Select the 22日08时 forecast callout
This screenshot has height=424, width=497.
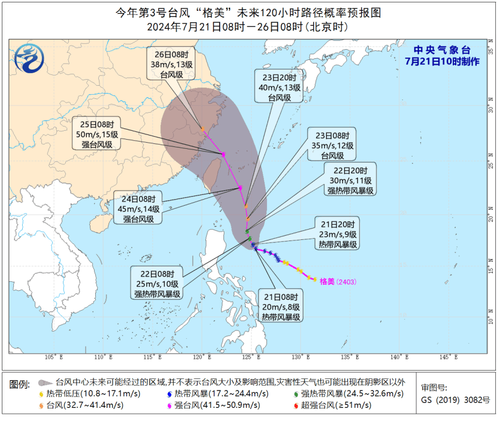[x=157, y=283]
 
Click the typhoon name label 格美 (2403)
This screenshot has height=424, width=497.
[x=338, y=281]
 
